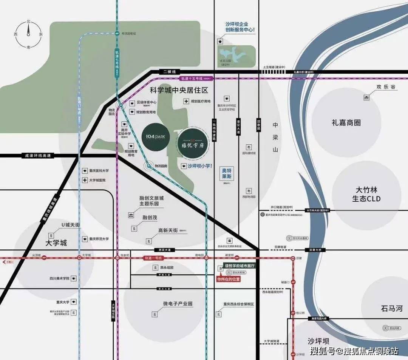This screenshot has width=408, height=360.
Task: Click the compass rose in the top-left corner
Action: [28, 34]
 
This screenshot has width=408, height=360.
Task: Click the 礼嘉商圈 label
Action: [346, 123]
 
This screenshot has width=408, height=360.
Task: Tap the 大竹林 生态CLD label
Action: [366, 194]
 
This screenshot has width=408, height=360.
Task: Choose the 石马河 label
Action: [392, 309]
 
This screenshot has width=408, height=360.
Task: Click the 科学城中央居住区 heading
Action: [179, 91]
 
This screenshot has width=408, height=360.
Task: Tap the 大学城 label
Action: [56, 243]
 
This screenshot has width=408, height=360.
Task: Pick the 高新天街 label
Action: [168, 230]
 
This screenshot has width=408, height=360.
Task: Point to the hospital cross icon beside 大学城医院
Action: [85, 180]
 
